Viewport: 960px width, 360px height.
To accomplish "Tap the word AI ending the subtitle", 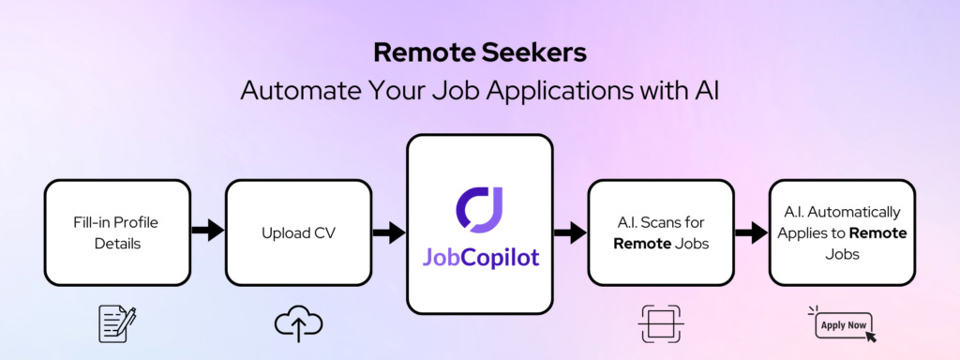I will coord(702,92).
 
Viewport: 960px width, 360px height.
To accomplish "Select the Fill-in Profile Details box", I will coord(117,232).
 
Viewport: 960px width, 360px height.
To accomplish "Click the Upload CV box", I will coord(298,232).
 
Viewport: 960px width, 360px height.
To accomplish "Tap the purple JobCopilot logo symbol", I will coord(479,207).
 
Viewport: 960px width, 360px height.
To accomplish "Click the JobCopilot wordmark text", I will coord(479,257).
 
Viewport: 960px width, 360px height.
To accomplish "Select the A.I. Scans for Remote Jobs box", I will coord(660,232).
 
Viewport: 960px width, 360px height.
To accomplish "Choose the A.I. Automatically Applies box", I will coord(841,232).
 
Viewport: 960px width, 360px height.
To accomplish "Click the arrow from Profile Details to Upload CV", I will coord(208,230).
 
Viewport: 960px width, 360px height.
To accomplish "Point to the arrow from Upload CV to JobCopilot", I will coord(388,230).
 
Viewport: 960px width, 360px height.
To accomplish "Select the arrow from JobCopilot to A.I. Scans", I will coord(569,230).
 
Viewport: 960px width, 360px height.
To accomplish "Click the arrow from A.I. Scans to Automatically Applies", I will coord(750,230).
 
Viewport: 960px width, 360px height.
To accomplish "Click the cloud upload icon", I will coord(298,323).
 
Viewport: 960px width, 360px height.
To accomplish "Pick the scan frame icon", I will coord(660,323).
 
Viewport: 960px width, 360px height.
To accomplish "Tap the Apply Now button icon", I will coord(842,326).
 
